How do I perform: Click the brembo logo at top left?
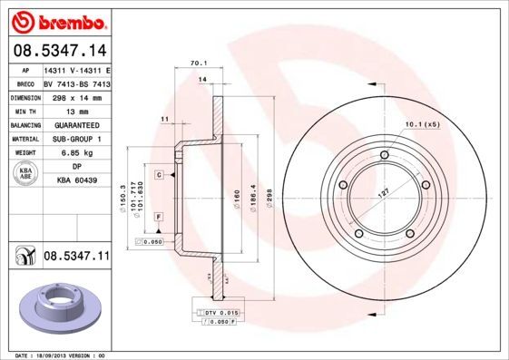pyautogui.click(x=56, y=20)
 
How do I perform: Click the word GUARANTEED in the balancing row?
pyautogui.click(x=77, y=123)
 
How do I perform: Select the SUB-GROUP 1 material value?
pyautogui.click(x=77, y=138)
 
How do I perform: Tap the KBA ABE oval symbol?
pyautogui.click(x=26, y=174)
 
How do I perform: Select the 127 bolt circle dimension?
pyautogui.click(x=386, y=192)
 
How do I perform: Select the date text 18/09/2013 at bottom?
pyautogui.click(x=64, y=355)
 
